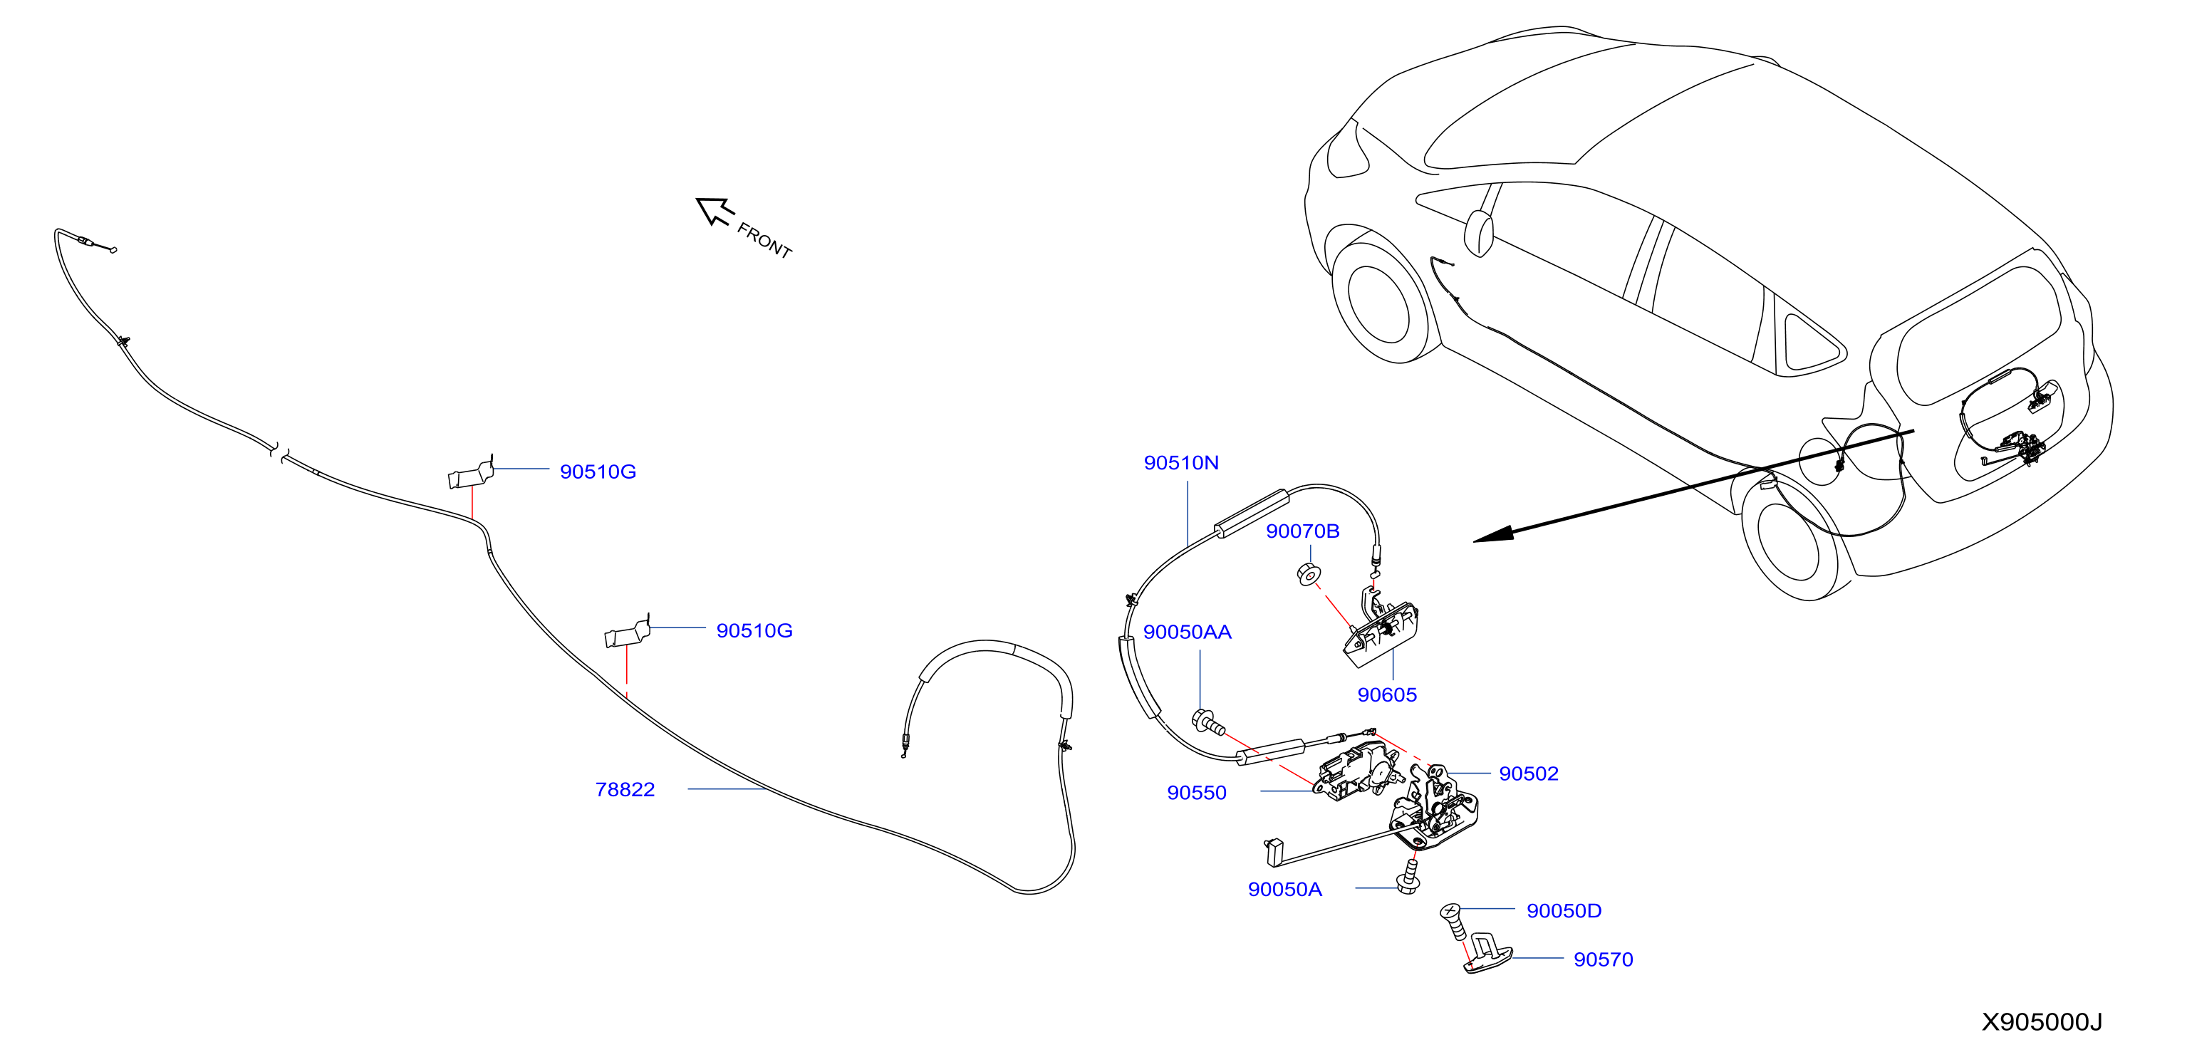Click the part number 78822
coord(625,790)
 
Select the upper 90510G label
coord(598,472)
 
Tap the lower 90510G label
coord(754,631)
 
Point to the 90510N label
coord(1181,463)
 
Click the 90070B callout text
coord(1302,531)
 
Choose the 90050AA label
coord(1187,632)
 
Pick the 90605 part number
coord(1387,695)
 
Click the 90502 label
coord(1529,774)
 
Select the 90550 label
coord(1196,793)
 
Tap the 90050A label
coord(1284,890)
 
